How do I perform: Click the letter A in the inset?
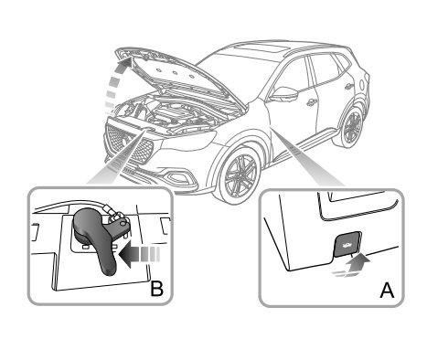[387, 291]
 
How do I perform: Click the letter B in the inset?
[157, 289]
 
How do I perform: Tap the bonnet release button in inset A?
[347, 244]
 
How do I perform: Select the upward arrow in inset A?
[355, 265]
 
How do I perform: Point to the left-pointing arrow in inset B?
[139, 254]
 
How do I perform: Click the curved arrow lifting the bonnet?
[116, 85]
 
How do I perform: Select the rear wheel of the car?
[352, 127]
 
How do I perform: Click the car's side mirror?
[284, 94]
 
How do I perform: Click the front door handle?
[311, 103]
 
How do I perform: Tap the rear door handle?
[347, 87]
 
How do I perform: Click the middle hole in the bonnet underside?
[175, 73]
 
